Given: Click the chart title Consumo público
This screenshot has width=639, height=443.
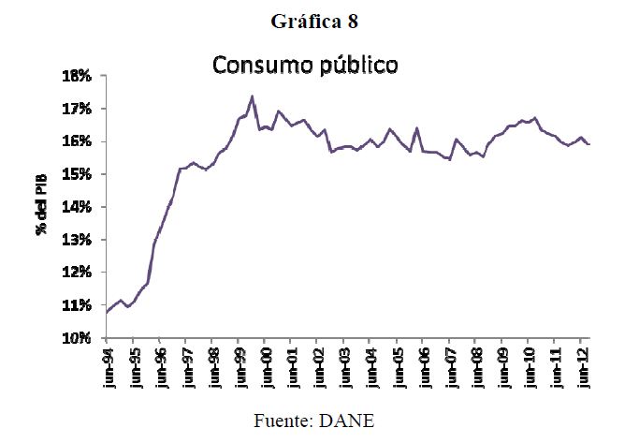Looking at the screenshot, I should point(305,66).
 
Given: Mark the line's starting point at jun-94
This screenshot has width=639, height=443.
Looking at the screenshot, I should point(107,312).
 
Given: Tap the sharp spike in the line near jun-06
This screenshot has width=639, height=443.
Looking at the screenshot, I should point(416,128).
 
